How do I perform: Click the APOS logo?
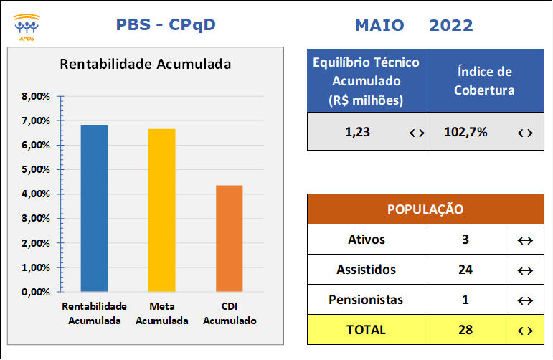[x=27, y=27]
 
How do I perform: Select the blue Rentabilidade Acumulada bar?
[x=94, y=209]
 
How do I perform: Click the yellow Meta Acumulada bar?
[x=161, y=210]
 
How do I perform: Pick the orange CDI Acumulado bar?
[x=230, y=238]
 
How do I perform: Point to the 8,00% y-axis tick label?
[x=36, y=96]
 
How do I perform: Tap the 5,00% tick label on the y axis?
[x=36, y=169]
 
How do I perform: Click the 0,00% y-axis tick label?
[x=36, y=292]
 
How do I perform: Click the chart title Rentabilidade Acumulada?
[x=146, y=64]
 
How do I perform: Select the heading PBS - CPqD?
[x=166, y=24]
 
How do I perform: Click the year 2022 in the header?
[x=450, y=25]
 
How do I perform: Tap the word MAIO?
[x=379, y=25]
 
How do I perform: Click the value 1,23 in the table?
[x=358, y=132]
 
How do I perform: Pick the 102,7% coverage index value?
[x=465, y=132]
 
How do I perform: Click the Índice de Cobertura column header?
[x=484, y=81]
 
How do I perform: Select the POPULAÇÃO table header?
[x=425, y=209]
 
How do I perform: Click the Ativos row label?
[x=367, y=240]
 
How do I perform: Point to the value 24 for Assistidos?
[x=465, y=270]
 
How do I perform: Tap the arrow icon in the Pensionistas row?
[x=525, y=300]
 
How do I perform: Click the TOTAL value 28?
[x=465, y=330]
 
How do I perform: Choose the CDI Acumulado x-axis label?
[x=230, y=313]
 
